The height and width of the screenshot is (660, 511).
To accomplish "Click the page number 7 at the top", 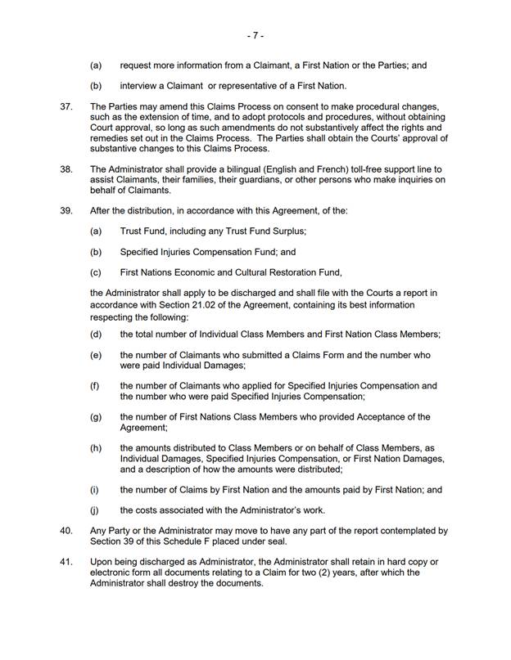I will click(x=255, y=36).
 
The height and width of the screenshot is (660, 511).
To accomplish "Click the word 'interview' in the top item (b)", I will click(x=140, y=86).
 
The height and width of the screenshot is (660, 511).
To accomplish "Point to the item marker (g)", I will click(x=96, y=416).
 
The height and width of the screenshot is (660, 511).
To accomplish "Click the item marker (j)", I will click(x=96, y=511).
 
